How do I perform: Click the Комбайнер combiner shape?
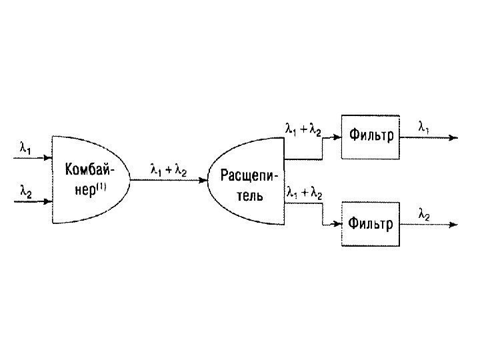[x=87, y=179]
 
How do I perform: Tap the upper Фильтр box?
[x=371, y=137]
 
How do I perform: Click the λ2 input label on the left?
[x=25, y=191]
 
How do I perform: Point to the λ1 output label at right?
[x=424, y=125]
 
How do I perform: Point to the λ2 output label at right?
[x=424, y=215]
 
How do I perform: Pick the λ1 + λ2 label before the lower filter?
[x=303, y=193]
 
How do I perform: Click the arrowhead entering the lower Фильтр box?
[x=337, y=224]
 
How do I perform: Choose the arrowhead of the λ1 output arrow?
[x=454, y=138]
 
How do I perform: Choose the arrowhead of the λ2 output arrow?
[x=454, y=225]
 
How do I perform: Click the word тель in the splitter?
[x=249, y=196]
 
